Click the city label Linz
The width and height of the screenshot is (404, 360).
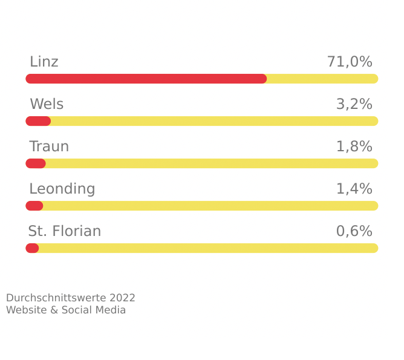tap(44, 62)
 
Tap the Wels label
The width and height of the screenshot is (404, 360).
tap(47, 104)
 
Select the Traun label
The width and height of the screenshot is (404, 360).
tap(49, 146)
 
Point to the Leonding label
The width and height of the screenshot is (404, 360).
tap(62, 189)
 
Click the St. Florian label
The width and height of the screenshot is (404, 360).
tap(65, 231)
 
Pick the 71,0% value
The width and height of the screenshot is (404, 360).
tap(350, 62)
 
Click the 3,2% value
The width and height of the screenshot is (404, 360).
tap(354, 104)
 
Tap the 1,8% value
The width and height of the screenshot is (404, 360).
tap(354, 146)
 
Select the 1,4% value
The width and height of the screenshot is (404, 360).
tap(354, 189)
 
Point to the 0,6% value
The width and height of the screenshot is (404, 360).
tap(354, 231)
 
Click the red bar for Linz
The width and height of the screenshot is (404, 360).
tap(146, 79)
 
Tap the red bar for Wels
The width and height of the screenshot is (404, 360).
tap(38, 121)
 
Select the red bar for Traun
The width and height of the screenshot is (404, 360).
tap(36, 163)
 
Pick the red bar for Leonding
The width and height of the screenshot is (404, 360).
tap(34, 206)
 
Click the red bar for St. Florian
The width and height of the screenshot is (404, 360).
tap(32, 248)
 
